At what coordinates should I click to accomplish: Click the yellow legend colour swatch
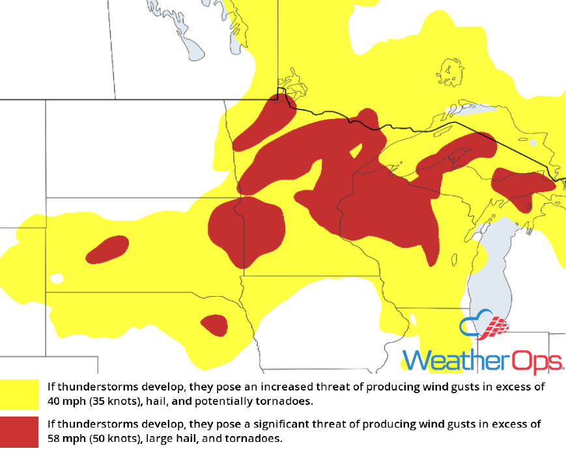tap(20, 394)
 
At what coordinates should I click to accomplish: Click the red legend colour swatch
tap(20, 431)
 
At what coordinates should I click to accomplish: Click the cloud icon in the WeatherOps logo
tap(485, 327)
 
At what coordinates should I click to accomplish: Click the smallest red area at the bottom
tap(214, 324)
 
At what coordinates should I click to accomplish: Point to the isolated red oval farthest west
tap(107, 249)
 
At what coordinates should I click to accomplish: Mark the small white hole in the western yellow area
tap(57, 279)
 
